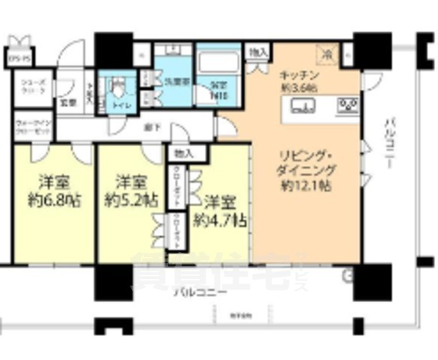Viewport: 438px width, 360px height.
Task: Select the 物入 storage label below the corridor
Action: tap(181, 153)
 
